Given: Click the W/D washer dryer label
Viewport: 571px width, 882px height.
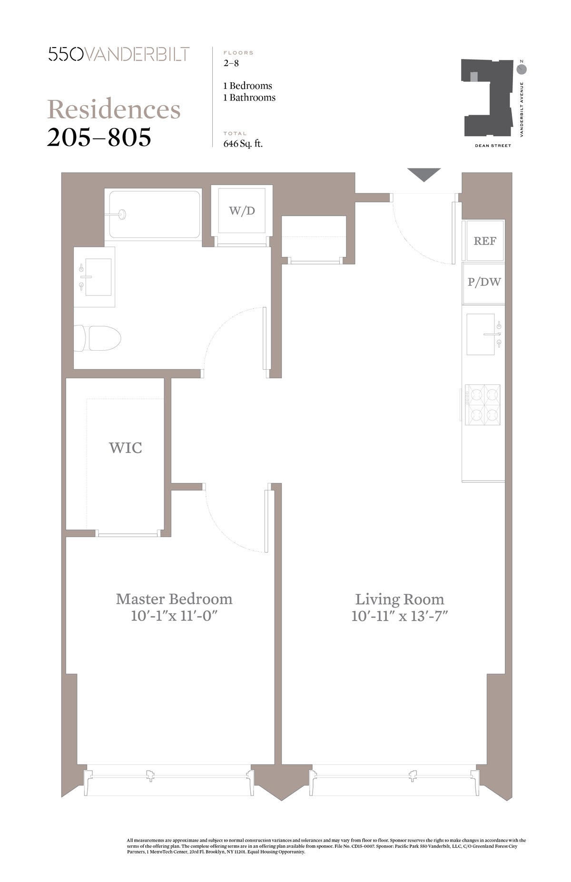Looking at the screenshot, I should tap(242, 211).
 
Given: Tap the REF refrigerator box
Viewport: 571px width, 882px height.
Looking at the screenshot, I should tap(484, 241).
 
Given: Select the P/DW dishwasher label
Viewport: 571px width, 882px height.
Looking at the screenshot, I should tap(484, 282).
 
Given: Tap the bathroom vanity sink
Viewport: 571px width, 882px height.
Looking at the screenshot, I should tap(98, 277).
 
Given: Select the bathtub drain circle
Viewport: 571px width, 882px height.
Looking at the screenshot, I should tap(122, 215).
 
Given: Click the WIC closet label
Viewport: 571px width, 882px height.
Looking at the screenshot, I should tap(126, 448).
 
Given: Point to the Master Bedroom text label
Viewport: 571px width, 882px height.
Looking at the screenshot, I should tap(174, 598).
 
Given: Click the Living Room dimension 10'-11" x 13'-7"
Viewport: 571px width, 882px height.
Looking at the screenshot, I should tap(400, 617).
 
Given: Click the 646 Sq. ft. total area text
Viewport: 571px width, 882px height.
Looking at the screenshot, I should tap(243, 144).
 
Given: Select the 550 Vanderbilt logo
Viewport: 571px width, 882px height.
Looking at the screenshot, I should tap(119, 54).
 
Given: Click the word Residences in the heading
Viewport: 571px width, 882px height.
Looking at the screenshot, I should tap(114, 109).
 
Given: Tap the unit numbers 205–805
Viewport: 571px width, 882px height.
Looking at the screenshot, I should tap(99, 137).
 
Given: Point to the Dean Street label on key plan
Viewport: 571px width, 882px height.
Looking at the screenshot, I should tap(492, 146).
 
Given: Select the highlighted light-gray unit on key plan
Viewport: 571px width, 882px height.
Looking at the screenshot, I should tap(473, 77).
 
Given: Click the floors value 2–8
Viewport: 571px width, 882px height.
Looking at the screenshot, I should tap(231, 62).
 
